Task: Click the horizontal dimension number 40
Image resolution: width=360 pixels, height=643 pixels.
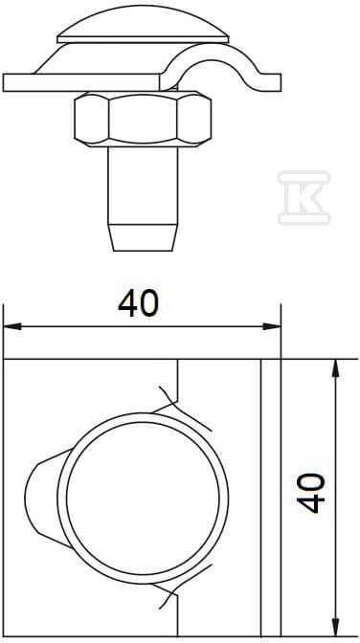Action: pyautogui.click(x=138, y=302)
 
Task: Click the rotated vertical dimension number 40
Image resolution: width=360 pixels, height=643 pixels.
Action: pyautogui.click(x=311, y=493)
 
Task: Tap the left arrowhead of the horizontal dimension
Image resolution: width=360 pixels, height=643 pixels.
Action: pyautogui.click(x=12, y=326)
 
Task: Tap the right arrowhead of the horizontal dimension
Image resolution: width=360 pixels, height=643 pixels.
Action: pyautogui.click(x=272, y=326)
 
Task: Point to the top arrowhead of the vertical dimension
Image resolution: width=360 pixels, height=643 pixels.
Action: pyautogui.click(x=336, y=368)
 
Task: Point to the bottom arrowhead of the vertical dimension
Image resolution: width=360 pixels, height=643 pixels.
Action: pyautogui.click(x=336, y=628)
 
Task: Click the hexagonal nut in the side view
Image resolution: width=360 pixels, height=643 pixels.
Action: pyautogui.click(x=143, y=119)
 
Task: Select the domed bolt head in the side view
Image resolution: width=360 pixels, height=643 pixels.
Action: pyautogui.click(x=143, y=25)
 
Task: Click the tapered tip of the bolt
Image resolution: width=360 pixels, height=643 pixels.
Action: pyautogui.click(x=143, y=237)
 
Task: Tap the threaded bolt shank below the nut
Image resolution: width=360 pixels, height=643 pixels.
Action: pyautogui.click(x=143, y=186)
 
